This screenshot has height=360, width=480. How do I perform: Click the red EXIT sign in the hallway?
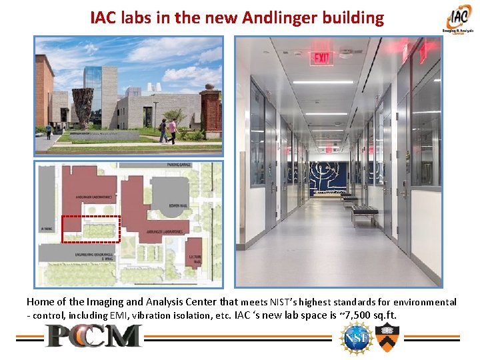[323, 58]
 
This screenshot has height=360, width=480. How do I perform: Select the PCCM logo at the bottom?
[94, 336]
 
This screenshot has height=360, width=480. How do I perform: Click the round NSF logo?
[353, 337]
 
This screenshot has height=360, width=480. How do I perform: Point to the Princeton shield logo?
[385, 337]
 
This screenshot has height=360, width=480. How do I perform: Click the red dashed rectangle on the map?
[91, 229]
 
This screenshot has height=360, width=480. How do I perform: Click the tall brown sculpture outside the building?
[83, 105]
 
